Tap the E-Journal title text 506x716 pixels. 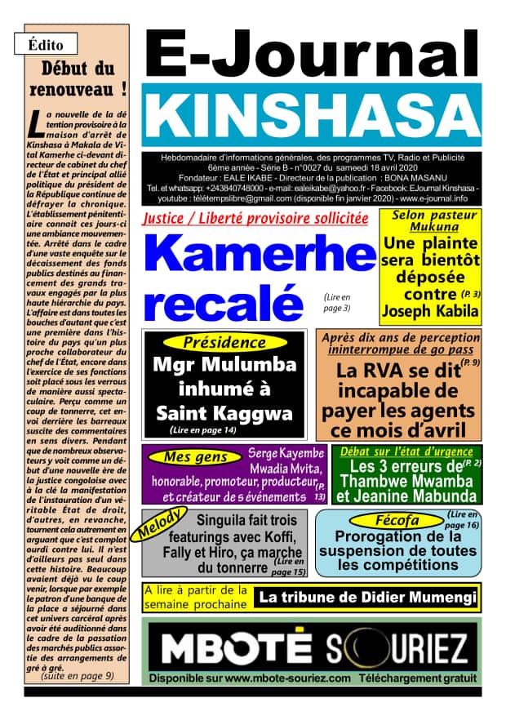(311, 54)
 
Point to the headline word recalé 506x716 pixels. (222, 302)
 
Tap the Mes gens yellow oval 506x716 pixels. (194, 457)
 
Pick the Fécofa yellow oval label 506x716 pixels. (397, 520)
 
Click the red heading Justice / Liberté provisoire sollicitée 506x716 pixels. (255, 219)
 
